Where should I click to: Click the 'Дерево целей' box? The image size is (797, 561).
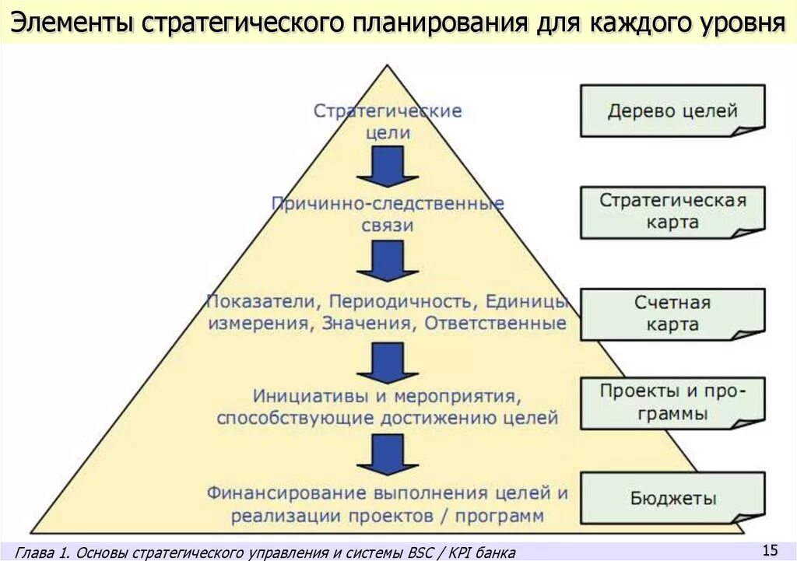pyautogui.click(x=672, y=111)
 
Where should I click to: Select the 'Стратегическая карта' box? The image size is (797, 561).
pyautogui.click(x=672, y=212)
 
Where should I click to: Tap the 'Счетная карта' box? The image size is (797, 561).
pyautogui.click(x=672, y=314)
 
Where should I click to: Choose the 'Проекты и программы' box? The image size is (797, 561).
pyautogui.click(x=672, y=402)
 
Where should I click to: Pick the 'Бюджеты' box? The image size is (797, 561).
pyautogui.click(x=672, y=499)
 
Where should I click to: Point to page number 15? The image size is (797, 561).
pyautogui.click(x=770, y=550)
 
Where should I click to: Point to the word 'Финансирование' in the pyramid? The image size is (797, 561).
pyautogui.click(x=285, y=493)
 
